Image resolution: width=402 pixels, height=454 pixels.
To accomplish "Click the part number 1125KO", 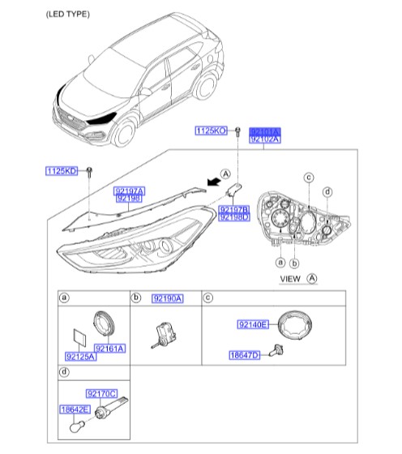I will tap(211, 130).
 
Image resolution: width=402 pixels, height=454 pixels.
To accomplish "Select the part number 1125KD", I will tap(61, 171).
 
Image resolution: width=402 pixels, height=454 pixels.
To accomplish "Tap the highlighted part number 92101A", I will tap(263, 130).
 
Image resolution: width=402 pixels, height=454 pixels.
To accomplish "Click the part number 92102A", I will tap(263, 139).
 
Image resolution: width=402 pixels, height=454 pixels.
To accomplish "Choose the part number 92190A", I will tap(168, 300).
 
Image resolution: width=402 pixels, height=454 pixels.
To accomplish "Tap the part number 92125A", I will tap(80, 355).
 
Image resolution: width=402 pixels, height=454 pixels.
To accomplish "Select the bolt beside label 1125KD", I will tap(90, 172).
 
